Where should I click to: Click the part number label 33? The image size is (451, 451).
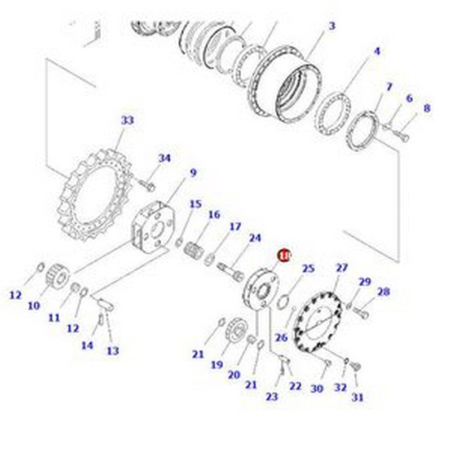pyautogui.click(x=127, y=120)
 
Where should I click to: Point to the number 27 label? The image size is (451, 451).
pyautogui.click(x=342, y=268)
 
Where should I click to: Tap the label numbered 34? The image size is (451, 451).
pyautogui.click(x=164, y=158)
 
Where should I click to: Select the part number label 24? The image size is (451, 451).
pyautogui.click(x=255, y=238)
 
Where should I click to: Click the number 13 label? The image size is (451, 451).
pyautogui.click(x=113, y=351)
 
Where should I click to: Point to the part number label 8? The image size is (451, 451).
pyautogui.click(x=427, y=108)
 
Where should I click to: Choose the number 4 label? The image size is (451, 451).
pyautogui.click(x=377, y=51)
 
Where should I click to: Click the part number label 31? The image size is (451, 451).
pyautogui.click(x=358, y=397)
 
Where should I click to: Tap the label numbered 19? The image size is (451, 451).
pyautogui.click(x=217, y=365)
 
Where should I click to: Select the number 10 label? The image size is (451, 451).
pyautogui.click(x=34, y=306)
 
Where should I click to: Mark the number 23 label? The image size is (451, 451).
pyautogui.click(x=272, y=396)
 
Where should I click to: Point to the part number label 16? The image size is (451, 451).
pyautogui.click(x=214, y=215)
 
